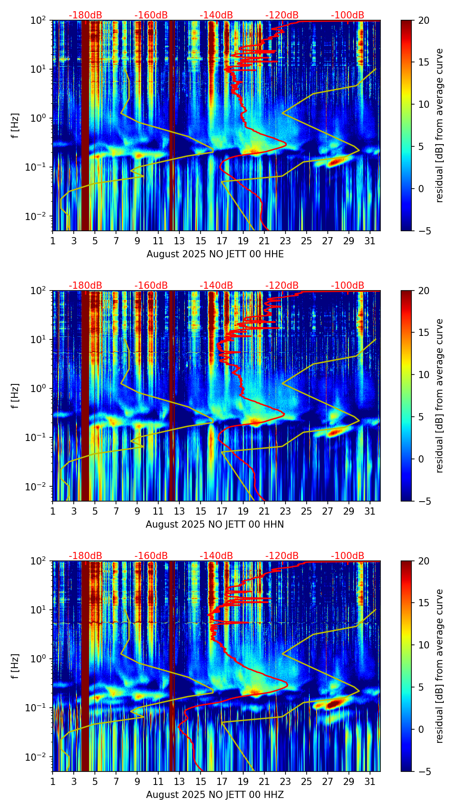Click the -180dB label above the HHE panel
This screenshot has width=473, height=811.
click(85, 15)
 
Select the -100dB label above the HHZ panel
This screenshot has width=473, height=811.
click(348, 556)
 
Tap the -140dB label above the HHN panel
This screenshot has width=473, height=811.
click(216, 286)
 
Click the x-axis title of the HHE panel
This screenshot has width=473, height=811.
click(215, 254)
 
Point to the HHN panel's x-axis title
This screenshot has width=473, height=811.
click(214, 525)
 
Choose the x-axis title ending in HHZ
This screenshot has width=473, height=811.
click(214, 795)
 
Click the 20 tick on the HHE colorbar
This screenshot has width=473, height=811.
click(424, 21)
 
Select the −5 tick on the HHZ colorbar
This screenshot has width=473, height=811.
click(424, 771)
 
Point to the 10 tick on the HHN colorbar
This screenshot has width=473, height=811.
click(424, 375)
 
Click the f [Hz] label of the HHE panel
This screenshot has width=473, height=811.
click(15, 126)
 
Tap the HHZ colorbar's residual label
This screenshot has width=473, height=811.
click(439, 666)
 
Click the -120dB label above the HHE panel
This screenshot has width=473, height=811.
click(282, 15)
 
